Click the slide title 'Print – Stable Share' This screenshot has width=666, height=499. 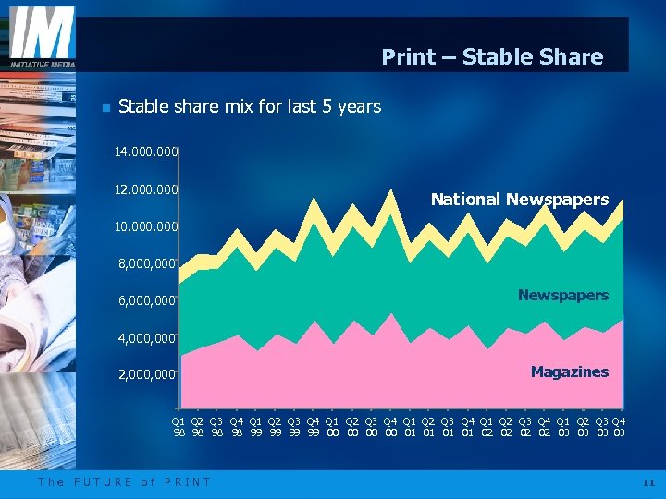(x=492, y=57)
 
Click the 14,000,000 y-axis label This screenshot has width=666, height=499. (x=146, y=152)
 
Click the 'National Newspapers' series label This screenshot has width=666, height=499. (x=520, y=200)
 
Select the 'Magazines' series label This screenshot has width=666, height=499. (x=570, y=371)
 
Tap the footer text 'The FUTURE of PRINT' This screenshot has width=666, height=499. (x=125, y=481)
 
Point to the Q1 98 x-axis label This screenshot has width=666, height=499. (x=179, y=427)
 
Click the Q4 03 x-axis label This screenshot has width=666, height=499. (x=619, y=427)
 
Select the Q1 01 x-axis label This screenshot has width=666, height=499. (x=409, y=427)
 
